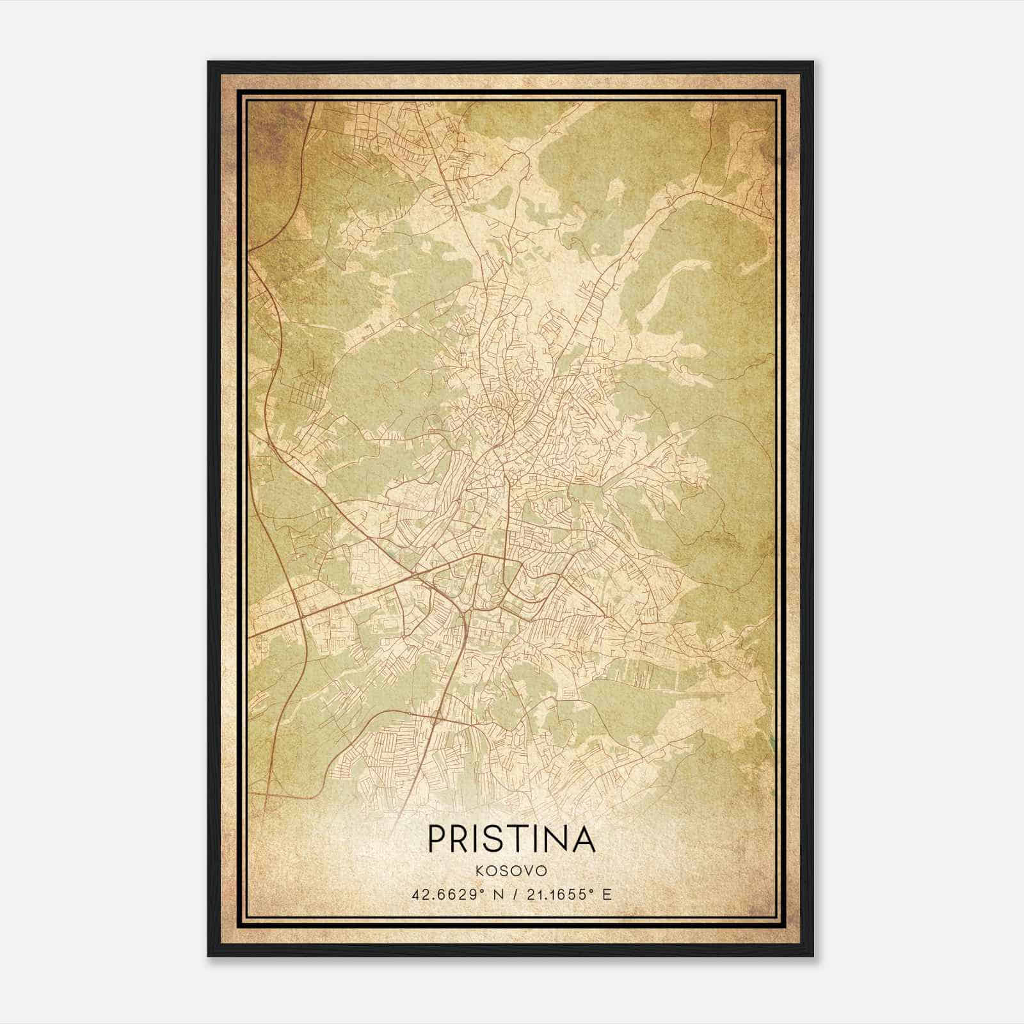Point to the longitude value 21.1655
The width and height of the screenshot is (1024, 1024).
coord(555,894)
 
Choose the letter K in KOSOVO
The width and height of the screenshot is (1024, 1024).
coord(479,871)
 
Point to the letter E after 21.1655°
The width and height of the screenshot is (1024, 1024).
coord(607,894)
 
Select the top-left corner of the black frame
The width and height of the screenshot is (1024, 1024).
coord(209,62)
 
